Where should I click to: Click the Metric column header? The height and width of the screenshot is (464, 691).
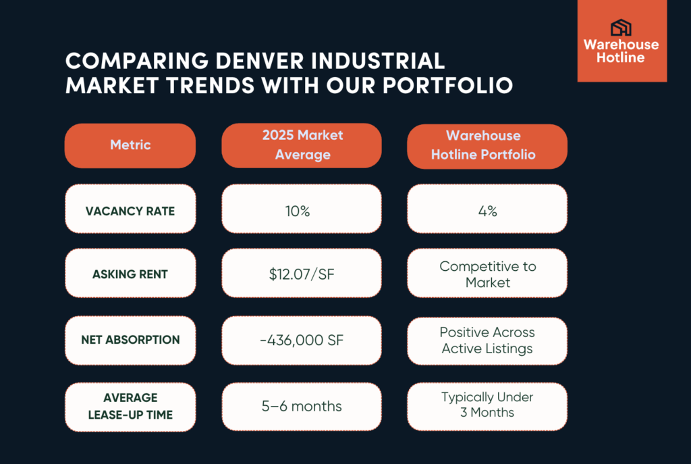tap(130, 146)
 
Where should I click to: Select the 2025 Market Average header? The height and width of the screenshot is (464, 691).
tap(302, 146)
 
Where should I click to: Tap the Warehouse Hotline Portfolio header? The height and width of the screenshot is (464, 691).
tap(487, 147)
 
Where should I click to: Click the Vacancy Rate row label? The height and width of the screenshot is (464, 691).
tap(130, 209)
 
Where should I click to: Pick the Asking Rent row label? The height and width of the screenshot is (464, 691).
tap(130, 273)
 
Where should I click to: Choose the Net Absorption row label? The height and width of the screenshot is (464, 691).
tap(130, 340)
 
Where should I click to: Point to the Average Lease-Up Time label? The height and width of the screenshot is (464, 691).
tap(130, 407)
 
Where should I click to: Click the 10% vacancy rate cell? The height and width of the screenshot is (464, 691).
tap(302, 209)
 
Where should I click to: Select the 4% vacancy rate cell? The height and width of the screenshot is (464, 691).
tap(487, 209)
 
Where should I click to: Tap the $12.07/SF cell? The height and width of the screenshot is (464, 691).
tap(302, 273)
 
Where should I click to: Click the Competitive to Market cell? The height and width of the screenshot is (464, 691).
tap(487, 273)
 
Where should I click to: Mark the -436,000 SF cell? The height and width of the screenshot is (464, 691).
tap(302, 340)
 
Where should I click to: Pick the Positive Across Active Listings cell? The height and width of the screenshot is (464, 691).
tap(487, 341)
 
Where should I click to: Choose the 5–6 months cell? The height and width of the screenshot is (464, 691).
tap(302, 407)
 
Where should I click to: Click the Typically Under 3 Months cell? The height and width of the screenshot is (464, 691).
tap(487, 407)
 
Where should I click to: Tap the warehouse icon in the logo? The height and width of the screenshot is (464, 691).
tap(621, 27)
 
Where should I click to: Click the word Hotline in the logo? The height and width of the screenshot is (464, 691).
tap(621, 57)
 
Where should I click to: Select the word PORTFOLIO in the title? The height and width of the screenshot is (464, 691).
tap(447, 86)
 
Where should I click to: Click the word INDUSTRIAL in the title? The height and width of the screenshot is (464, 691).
tap(378, 61)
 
